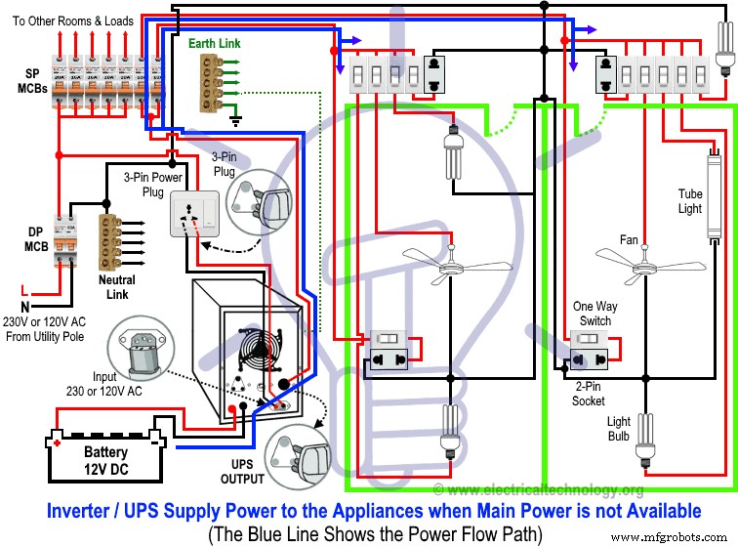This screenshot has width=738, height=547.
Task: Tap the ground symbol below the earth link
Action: pyautogui.click(x=234, y=120)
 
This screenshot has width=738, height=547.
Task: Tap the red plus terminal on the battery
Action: pyautogui.click(x=58, y=441)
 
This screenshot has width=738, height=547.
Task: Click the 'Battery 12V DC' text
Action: pyautogui.click(x=104, y=460)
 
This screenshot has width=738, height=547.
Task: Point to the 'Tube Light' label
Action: pyautogui.click(x=690, y=200)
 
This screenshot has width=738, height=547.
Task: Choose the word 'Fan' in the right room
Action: pyautogui.click(x=629, y=239)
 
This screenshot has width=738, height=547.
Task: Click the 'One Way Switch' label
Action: pyautogui.click(x=593, y=314)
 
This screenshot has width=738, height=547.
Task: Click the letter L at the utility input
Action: pyautogui.click(x=25, y=290)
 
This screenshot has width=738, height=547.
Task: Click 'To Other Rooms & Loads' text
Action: pyautogui.click(x=75, y=21)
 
